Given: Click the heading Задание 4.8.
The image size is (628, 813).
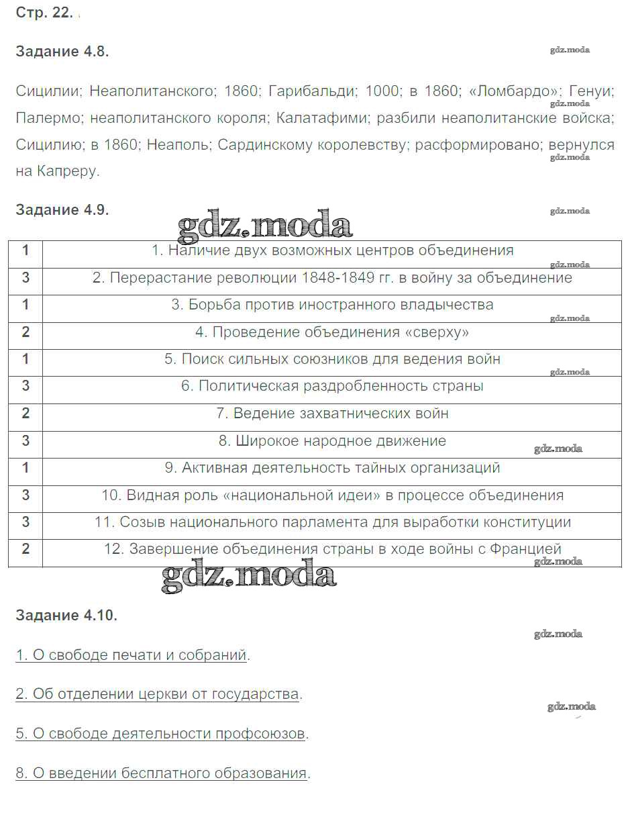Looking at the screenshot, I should coord(62,52).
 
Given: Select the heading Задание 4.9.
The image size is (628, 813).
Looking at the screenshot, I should coord(62,209).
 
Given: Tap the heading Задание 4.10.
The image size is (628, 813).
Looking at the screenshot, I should coord(66,615).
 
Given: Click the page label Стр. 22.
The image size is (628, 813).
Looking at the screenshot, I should coord(44,13).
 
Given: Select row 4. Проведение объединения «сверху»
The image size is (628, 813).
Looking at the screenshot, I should coord(331,332).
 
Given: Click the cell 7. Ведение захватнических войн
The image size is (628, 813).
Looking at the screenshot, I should coord(331,414).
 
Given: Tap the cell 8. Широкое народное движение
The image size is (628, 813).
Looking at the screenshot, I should coord(331,441).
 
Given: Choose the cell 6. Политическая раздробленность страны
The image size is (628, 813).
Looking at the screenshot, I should coord(331,386).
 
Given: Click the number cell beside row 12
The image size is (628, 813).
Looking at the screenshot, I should coord(25,549).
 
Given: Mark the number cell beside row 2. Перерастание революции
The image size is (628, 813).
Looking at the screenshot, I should coord(25,277).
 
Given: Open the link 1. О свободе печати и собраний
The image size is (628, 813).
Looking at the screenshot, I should coord(132,655).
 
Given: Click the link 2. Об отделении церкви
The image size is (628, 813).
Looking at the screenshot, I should coord(157,694).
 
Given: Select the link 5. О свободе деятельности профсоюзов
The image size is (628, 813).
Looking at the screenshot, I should coord(160,733).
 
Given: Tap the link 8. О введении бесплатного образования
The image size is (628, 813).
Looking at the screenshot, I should coord(161,773).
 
